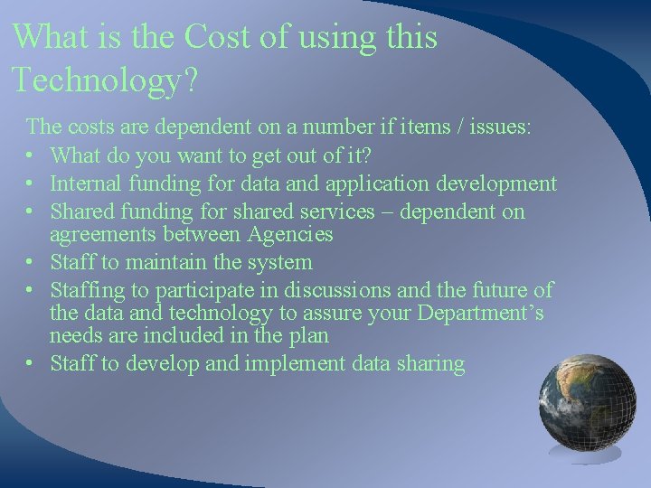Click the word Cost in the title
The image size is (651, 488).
[x=217, y=38]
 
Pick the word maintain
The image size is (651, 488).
[x=180, y=263]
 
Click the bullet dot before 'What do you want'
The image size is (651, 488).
[x=33, y=156]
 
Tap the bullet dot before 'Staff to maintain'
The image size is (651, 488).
[x=33, y=263]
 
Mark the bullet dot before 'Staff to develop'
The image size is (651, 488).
[x=33, y=364]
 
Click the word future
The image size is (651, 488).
[x=503, y=290]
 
